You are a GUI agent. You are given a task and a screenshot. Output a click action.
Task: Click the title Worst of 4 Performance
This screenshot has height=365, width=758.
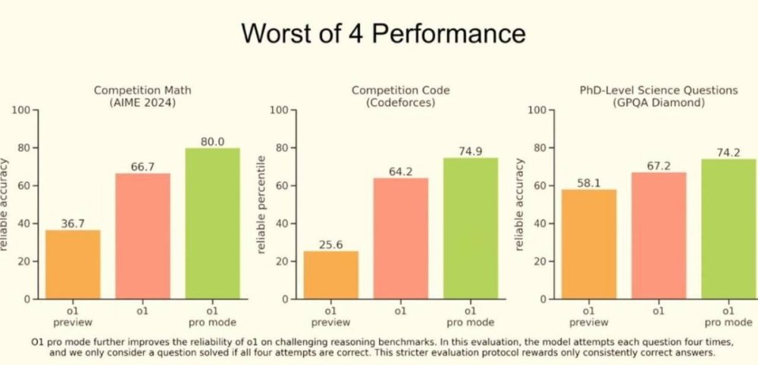pyautogui.click(x=382, y=34)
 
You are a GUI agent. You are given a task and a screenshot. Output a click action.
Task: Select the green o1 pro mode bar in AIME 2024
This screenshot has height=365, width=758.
pyautogui.click(x=212, y=223)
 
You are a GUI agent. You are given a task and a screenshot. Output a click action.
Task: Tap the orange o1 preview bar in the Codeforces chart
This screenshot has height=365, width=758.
pyautogui.click(x=330, y=275)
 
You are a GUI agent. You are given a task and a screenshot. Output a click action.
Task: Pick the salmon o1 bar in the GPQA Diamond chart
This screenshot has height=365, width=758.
pyautogui.click(x=659, y=235)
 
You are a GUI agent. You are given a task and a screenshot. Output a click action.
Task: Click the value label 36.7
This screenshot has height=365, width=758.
pyautogui.click(x=73, y=223)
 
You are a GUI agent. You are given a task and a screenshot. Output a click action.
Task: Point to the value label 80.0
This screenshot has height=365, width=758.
pyautogui.click(x=212, y=141)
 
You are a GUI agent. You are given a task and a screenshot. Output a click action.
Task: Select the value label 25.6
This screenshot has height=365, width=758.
pyautogui.click(x=330, y=244)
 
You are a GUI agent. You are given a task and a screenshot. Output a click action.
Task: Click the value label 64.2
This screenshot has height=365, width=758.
pyautogui.click(x=400, y=171)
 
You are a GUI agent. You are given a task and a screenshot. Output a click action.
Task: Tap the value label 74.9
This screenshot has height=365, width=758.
pyautogui.click(x=470, y=151)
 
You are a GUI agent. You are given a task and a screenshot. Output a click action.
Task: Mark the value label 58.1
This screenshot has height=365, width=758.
pyautogui.click(x=589, y=183)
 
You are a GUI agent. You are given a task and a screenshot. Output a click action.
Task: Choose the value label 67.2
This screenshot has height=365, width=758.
pyautogui.click(x=659, y=165)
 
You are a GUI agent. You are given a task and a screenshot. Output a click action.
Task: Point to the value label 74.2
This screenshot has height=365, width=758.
pyautogui.click(x=728, y=153)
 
